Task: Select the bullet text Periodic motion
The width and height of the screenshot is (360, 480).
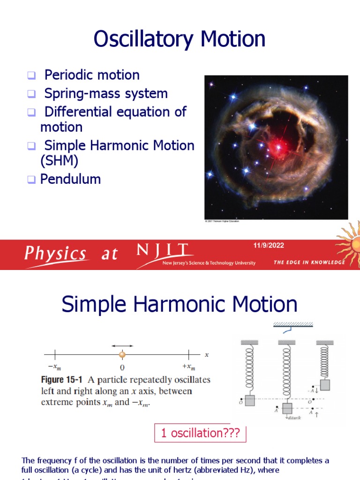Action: point(92,75)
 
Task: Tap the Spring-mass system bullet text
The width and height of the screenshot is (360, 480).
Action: point(106,93)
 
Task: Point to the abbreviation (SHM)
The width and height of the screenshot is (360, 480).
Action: point(59,160)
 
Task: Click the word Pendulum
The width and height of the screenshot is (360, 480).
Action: point(70,179)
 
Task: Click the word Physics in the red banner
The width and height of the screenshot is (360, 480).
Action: point(55,254)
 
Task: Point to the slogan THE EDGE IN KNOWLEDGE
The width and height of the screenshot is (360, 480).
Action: point(309,262)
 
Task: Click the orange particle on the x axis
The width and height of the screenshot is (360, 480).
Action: point(122,355)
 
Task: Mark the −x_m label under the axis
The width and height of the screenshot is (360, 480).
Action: point(55,367)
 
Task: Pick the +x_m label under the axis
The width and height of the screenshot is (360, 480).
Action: point(189,367)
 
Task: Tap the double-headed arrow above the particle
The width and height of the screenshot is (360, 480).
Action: point(122,345)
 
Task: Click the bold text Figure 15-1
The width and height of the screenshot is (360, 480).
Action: point(65,379)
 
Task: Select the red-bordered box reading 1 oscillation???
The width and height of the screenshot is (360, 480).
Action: point(200,434)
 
